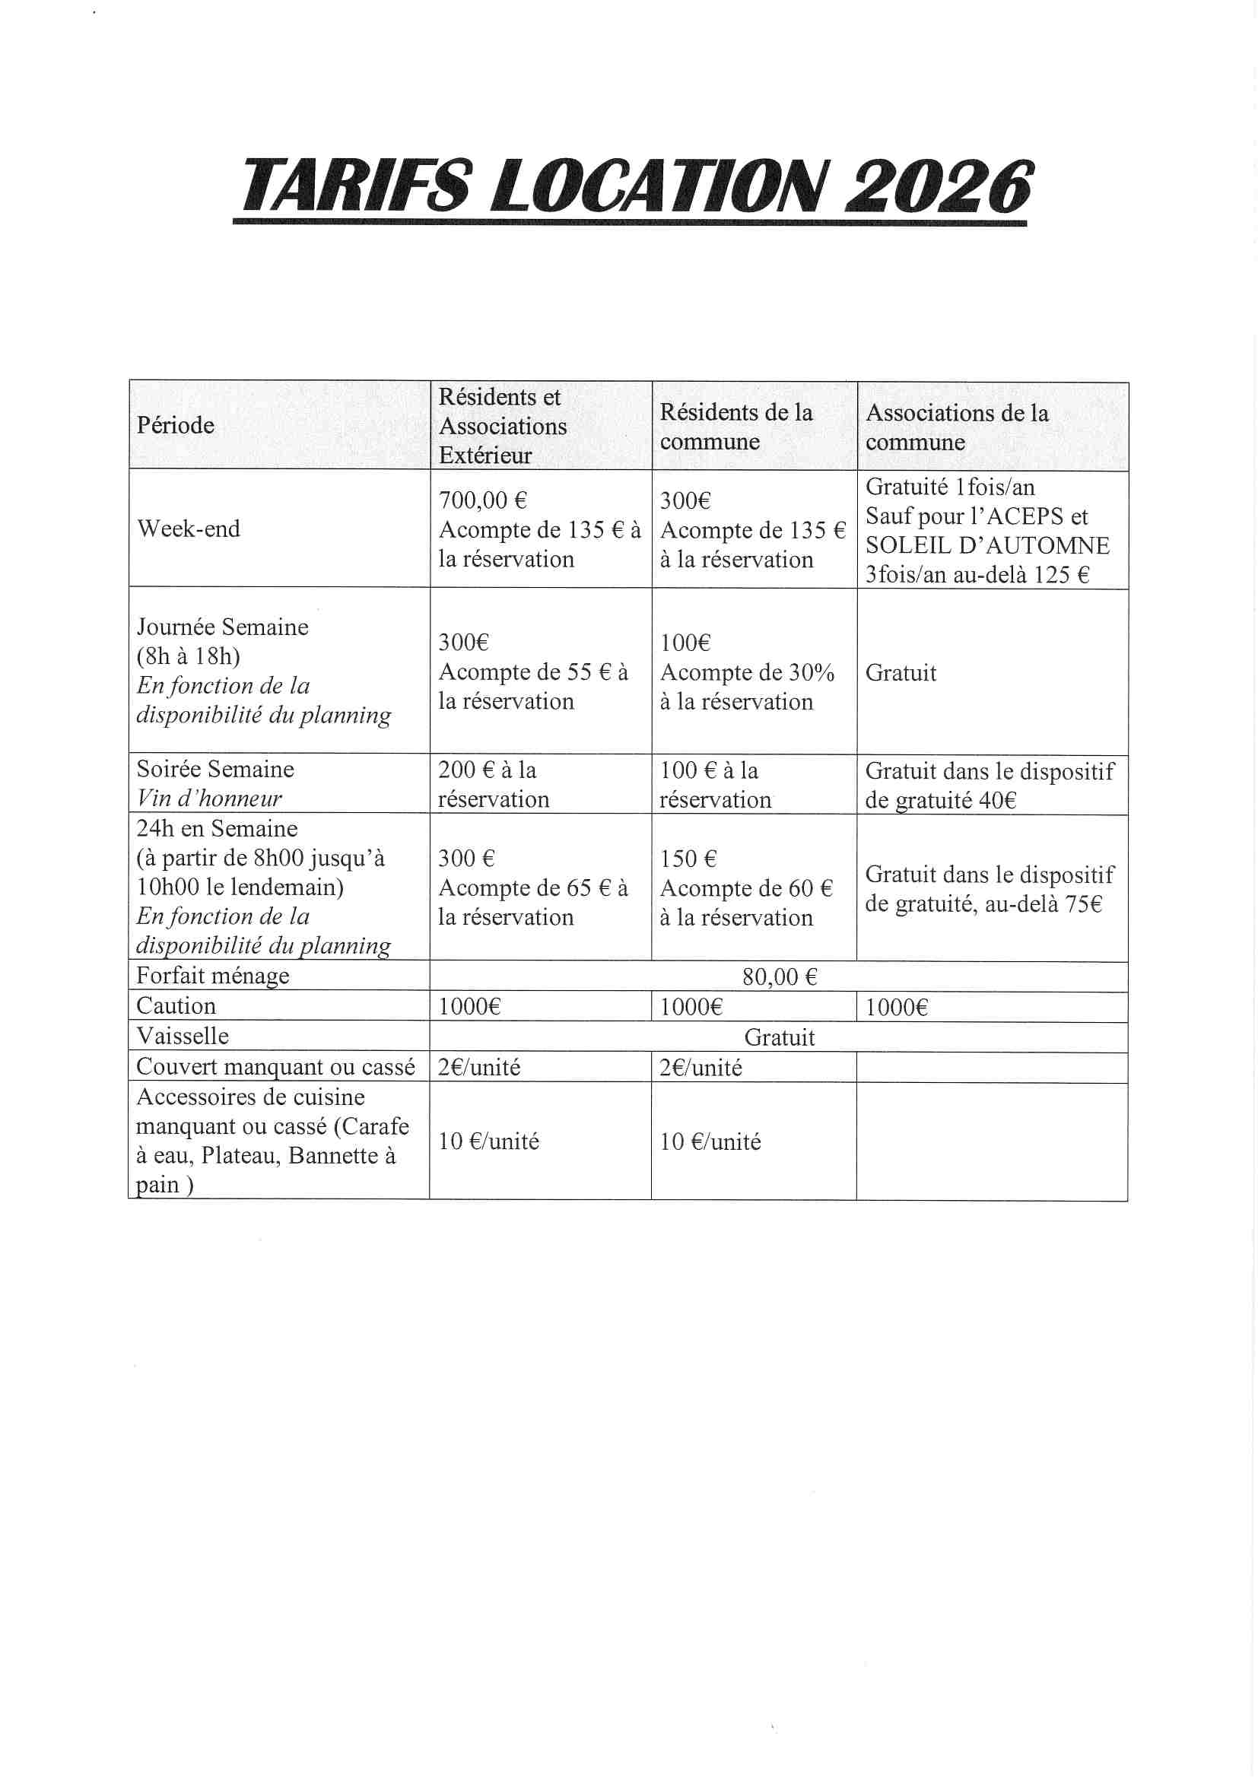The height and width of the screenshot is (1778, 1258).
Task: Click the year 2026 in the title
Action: [x=938, y=186]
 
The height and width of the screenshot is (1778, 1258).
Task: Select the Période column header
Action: [x=176, y=425]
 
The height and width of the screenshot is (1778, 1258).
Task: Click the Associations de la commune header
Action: [x=957, y=427]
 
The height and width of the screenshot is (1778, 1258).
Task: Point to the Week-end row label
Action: [x=189, y=529]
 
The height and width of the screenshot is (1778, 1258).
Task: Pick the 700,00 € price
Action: [x=483, y=501]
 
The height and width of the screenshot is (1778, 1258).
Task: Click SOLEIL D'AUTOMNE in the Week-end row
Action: [x=987, y=546]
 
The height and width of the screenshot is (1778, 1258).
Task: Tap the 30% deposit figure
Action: [x=811, y=672]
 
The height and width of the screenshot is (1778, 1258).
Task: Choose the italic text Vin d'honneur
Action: [x=209, y=799]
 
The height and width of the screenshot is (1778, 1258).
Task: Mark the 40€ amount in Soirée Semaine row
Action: [x=996, y=800]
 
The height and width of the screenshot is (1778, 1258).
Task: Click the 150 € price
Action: [x=688, y=859]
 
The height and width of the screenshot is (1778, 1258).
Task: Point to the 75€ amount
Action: [x=1083, y=904]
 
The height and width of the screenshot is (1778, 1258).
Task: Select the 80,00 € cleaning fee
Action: [x=780, y=977]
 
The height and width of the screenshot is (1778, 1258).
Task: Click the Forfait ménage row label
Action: [x=213, y=976]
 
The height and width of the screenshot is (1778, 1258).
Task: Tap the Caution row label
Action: [x=176, y=1006]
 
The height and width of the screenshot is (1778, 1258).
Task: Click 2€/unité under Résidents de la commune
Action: [x=700, y=1068]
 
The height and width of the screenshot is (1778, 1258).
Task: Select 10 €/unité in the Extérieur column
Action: [x=488, y=1141]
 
